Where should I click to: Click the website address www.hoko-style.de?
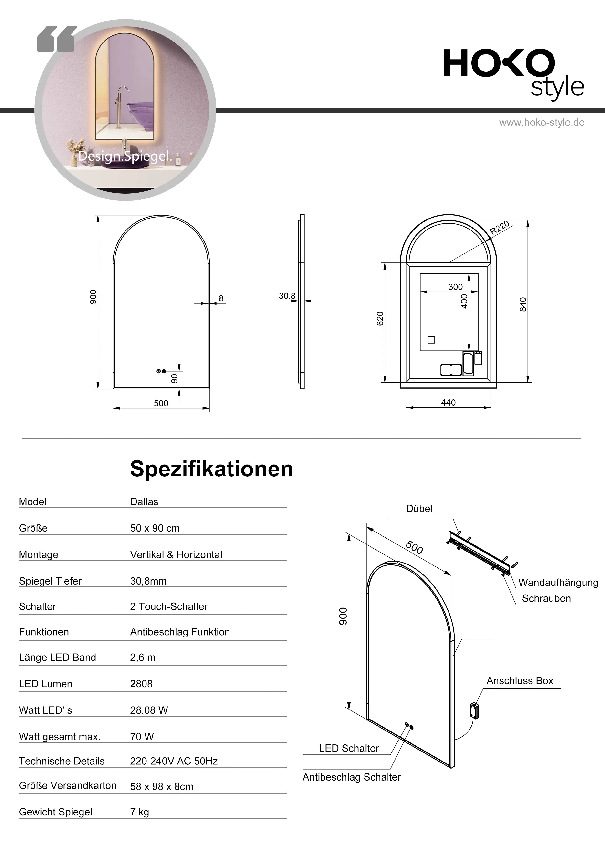(x=542, y=123)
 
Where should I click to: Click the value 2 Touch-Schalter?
(x=168, y=606)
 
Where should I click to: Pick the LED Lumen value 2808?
(x=141, y=684)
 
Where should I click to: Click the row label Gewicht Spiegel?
(x=55, y=812)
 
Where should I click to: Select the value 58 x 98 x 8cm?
(x=161, y=787)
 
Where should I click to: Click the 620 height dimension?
(x=380, y=319)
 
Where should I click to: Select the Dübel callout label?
(x=419, y=509)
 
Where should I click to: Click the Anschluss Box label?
(x=520, y=681)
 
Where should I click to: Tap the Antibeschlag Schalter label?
(x=352, y=777)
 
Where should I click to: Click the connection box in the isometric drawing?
(x=475, y=710)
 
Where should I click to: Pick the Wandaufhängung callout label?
(x=558, y=583)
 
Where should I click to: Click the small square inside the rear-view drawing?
(x=431, y=340)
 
